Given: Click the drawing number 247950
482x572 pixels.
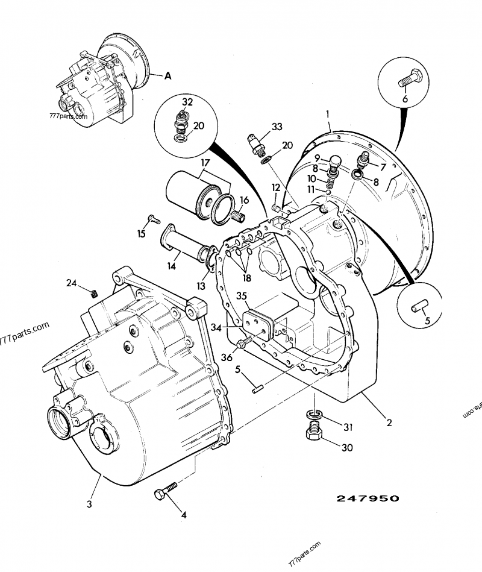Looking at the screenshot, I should point(368,498).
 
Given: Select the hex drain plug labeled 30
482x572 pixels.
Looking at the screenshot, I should point(315,432).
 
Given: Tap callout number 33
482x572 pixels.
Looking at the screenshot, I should point(277,127).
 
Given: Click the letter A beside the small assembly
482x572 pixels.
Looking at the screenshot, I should point(167,76).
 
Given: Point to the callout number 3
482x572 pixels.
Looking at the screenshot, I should point(89,504).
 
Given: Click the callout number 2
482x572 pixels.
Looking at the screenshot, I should point(389,423).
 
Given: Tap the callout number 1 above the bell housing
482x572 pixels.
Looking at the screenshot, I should point(329,113).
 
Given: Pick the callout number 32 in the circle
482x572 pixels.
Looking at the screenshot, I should point(187,102).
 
